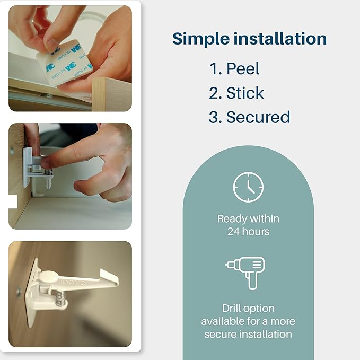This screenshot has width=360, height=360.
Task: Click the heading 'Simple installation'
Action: click(x=249, y=39)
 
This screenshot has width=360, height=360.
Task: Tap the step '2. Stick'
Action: click(x=236, y=93)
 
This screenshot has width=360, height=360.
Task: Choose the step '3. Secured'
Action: click(x=249, y=117)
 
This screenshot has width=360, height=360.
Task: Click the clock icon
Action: click(x=248, y=187)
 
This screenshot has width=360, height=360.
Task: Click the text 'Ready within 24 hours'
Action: click(x=248, y=225)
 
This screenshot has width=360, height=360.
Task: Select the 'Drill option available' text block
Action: click(x=248, y=321)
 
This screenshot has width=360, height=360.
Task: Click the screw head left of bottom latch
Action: click(x=20, y=291)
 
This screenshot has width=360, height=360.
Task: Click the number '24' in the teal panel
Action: click(x=233, y=232)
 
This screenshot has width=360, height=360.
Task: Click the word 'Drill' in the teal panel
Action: click(x=233, y=308)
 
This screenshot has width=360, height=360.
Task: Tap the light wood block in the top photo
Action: click(x=112, y=93)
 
